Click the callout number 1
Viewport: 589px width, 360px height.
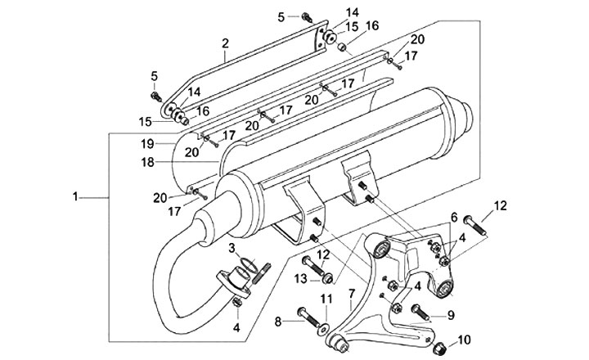[75, 196]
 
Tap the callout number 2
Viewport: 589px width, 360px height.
[225, 43]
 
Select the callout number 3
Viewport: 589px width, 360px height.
[232, 248]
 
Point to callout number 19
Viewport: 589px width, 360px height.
[147, 143]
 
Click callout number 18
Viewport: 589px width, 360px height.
[147, 162]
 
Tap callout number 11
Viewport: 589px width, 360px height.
[326, 299]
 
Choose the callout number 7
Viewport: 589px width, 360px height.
[352, 293]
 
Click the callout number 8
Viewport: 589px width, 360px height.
[278, 322]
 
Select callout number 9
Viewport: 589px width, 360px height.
[451, 314]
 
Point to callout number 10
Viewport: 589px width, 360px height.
[465, 340]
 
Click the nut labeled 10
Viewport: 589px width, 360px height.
[438, 349]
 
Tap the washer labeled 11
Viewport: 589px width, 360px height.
[322, 330]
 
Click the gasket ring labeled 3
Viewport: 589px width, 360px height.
[248, 264]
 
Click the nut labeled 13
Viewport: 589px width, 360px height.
[328, 278]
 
